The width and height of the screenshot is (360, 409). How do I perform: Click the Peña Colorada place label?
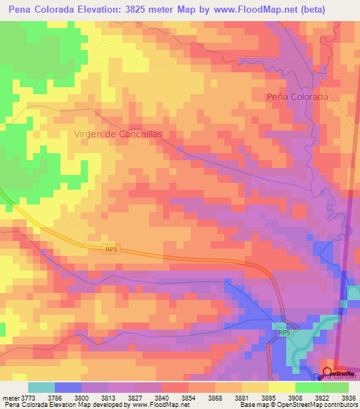297,96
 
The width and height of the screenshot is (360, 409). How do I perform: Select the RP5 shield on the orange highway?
110,249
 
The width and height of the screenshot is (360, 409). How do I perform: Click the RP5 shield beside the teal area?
283,333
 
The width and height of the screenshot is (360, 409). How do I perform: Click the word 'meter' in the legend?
11,397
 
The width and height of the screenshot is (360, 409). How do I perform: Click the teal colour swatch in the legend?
41,387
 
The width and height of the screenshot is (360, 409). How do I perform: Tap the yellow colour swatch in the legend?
281,387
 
